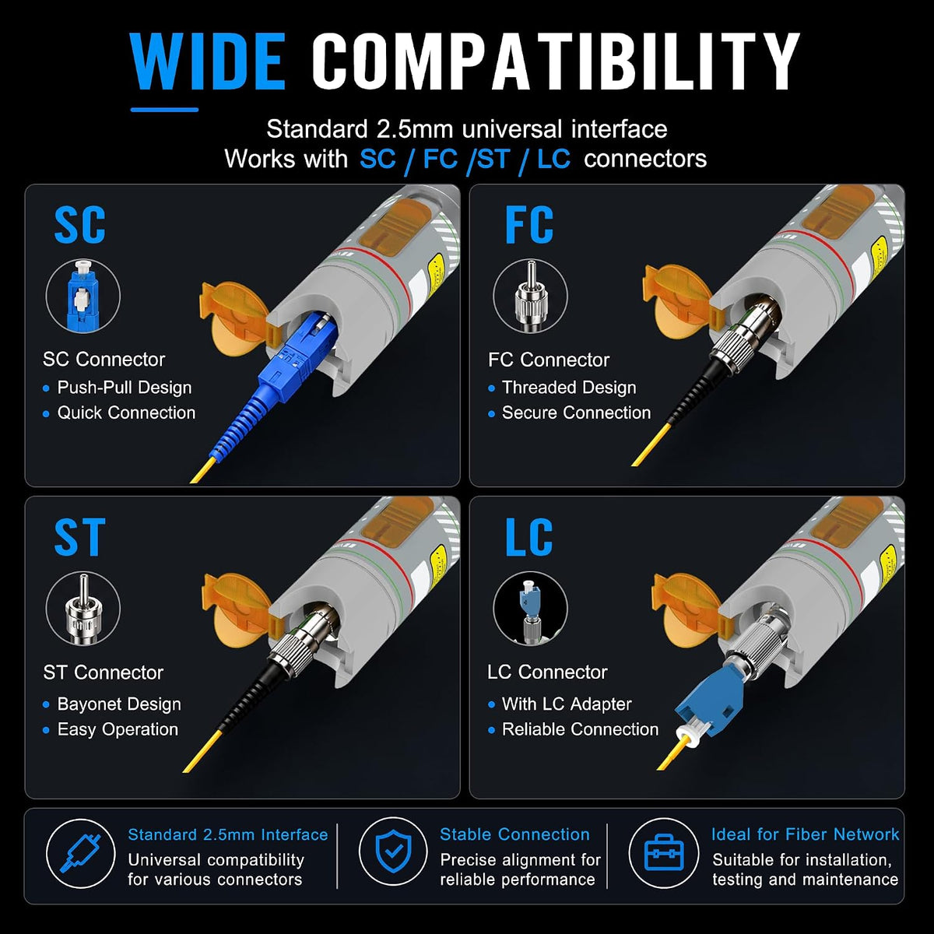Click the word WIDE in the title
tap(208, 62)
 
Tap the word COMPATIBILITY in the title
tap(556, 62)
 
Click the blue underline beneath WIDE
tap(164, 110)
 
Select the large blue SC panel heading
tap(79, 225)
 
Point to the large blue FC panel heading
tap(528, 225)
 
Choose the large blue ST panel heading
tap(79, 537)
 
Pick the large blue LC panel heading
tap(528, 537)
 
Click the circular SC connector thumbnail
tap(83, 296)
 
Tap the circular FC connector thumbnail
tap(530, 296)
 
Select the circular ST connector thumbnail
tap(83, 609)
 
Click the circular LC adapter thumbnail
tap(530, 609)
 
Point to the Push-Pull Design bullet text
tap(125, 388)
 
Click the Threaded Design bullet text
tap(569, 388)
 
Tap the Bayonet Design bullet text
tap(119, 704)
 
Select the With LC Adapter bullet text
tap(567, 704)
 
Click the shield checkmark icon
tap(394, 851)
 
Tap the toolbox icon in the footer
tap(664, 851)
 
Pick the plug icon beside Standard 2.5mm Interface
tap(80, 853)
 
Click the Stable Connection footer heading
tap(514, 834)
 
